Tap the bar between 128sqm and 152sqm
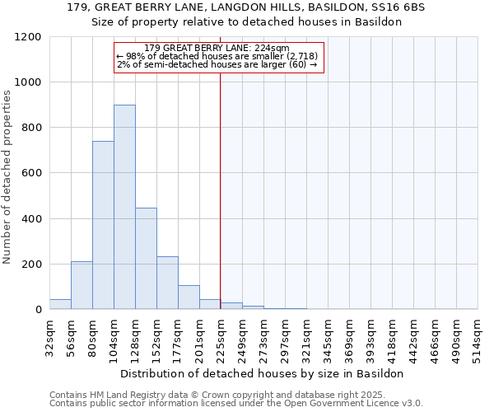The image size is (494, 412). click(146, 259)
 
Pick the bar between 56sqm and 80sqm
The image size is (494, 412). click(82, 285)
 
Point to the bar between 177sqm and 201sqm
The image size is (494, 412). click(189, 297)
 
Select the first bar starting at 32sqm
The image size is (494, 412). click(60, 304)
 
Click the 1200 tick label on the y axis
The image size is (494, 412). click(28, 37)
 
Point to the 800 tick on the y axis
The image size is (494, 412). click(31, 128)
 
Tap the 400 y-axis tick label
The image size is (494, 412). click(31, 219)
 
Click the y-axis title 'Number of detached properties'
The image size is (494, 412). click(7, 178)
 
